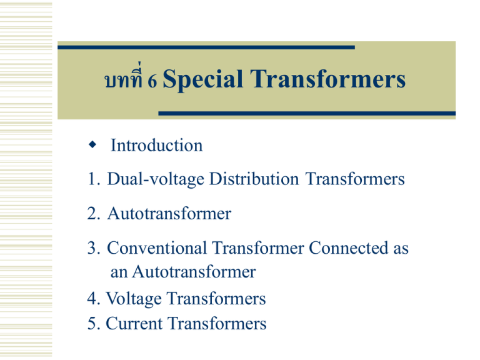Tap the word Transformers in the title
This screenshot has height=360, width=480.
tap(329, 80)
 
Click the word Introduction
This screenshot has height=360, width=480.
tap(156, 146)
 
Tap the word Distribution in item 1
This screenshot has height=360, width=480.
tap(254, 179)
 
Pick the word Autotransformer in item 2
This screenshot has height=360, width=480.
tap(169, 214)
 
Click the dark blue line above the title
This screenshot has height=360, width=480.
tap(206, 47)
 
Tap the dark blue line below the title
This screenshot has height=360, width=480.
tap(306, 114)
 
